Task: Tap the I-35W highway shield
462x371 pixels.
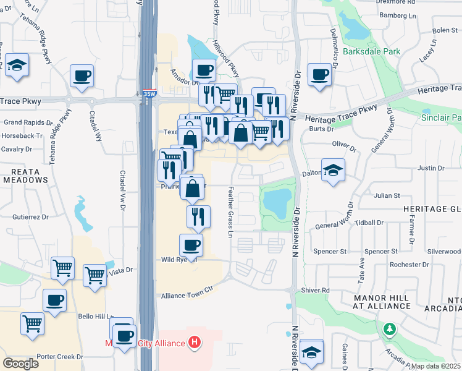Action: point(149,94)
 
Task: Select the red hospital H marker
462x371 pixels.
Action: point(195,342)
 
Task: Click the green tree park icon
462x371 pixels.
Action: point(390,328)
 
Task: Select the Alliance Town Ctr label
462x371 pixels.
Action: point(187,296)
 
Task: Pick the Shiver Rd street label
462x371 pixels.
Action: point(316,291)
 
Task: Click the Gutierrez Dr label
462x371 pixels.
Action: point(30,217)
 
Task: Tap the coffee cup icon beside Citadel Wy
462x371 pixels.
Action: point(82,77)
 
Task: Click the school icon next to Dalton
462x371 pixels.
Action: point(333,170)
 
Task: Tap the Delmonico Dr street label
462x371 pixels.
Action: point(334,49)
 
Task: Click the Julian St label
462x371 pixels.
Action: point(387,196)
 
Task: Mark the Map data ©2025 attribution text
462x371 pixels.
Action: point(435,366)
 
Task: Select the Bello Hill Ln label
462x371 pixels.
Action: point(93,316)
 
